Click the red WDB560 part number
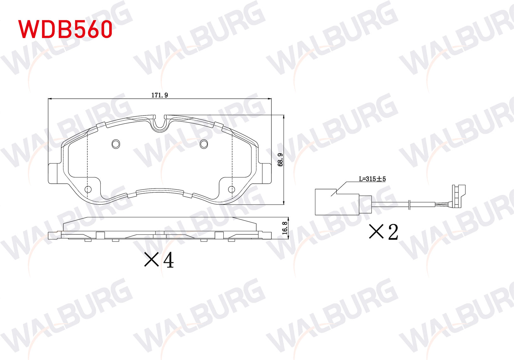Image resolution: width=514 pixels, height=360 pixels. [x=65, y=29]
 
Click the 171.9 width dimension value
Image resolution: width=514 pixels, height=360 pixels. [x=159, y=95]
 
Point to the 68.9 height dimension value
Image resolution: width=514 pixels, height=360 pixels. [x=280, y=160]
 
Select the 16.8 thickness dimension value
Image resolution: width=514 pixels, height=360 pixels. [x=285, y=228]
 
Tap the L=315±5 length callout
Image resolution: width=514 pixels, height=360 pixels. [x=372, y=179]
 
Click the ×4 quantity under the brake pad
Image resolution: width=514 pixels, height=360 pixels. [x=159, y=260]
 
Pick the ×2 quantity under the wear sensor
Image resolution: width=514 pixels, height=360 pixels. [x=383, y=232]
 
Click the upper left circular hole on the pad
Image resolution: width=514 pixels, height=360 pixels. [x=116, y=144]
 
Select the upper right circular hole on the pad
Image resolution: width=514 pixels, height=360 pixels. [x=204, y=144]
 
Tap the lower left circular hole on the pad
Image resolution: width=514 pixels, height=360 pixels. [x=88, y=189]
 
